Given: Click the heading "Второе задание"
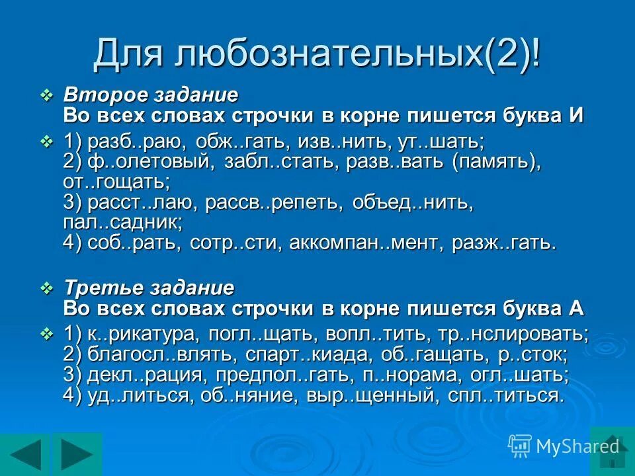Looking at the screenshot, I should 151,95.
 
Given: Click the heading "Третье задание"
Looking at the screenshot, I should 149,288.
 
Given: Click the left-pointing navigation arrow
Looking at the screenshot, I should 25,454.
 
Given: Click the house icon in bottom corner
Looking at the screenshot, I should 613,446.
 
